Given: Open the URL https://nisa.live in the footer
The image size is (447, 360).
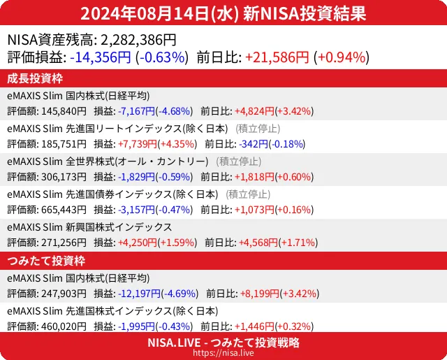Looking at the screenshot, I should click(223, 354).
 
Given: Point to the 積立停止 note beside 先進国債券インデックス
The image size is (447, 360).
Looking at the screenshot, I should click(249, 194).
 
